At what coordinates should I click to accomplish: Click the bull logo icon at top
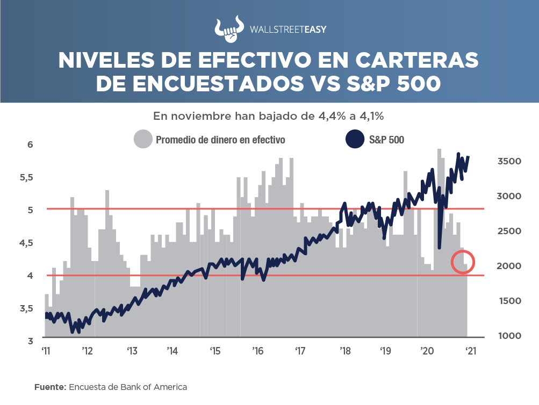pyautogui.click(x=228, y=31)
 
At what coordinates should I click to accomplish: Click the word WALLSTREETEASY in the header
pyautogui.click(x=288, y=31)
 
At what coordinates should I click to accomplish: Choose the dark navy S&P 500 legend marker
pyautogui.click(x=355, y=140)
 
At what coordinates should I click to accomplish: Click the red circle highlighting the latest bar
pyautogui.click(x=463, y=261)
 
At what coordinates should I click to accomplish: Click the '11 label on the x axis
pyautogui.click(x=47, y=351)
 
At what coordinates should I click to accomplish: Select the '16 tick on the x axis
pyautogui.click(x=257, y=351)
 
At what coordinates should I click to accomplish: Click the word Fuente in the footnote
pyautogui.click(x=48, y=387)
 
